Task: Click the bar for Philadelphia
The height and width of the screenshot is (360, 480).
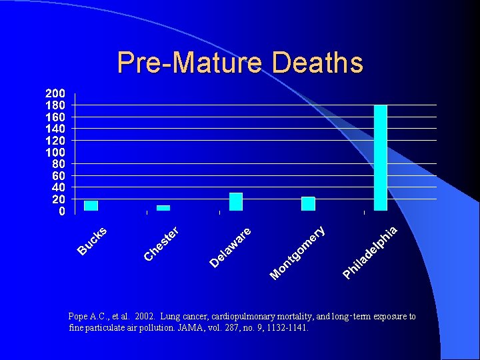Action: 381,158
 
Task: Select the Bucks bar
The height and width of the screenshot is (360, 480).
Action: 91,205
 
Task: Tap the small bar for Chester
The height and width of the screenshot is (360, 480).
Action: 163,207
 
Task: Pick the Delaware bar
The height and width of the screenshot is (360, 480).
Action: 236,201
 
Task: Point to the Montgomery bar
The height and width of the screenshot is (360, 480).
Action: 308,203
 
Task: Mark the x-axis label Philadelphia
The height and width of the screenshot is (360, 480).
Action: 371,253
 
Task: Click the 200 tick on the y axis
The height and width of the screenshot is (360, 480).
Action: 55,93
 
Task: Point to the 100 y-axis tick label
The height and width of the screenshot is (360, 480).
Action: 55,152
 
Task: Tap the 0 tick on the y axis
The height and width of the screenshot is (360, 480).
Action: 62,211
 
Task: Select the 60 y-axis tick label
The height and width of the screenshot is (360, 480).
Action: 58,176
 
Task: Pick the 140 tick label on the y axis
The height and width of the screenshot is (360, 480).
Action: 55,129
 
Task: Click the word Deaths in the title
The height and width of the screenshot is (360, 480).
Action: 317,63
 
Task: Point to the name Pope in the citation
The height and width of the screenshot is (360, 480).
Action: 79,317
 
